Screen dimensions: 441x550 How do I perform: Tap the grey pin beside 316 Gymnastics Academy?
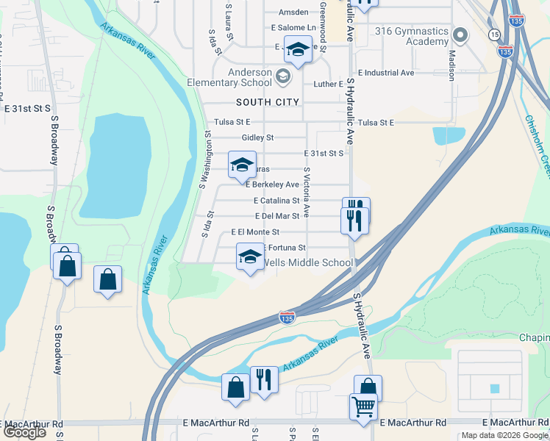461,35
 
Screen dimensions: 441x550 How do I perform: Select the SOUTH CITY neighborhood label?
268,102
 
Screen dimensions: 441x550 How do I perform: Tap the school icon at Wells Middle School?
249,257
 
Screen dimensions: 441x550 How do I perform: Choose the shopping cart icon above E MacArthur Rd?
363,405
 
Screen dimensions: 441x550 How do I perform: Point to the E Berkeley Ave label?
272,184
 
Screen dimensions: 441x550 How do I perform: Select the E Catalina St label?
276,200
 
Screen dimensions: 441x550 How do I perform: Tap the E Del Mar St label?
276,216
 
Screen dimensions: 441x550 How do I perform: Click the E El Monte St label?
255,232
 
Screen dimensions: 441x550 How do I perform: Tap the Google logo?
24,432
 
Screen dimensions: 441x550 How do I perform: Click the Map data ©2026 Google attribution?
504,435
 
